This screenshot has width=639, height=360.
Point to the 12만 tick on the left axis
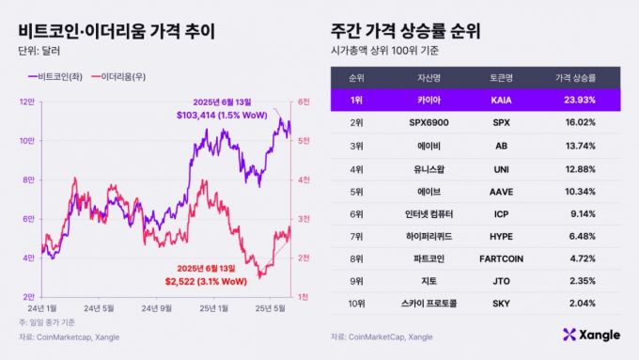[x=27, y=102]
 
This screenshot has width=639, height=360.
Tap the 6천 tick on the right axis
[x=304, y=102]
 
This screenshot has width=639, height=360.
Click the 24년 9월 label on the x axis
[x=159, y=307]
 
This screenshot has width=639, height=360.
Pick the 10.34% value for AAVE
[x=577, y=191]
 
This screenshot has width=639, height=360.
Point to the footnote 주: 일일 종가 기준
[x=50, y=322]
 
